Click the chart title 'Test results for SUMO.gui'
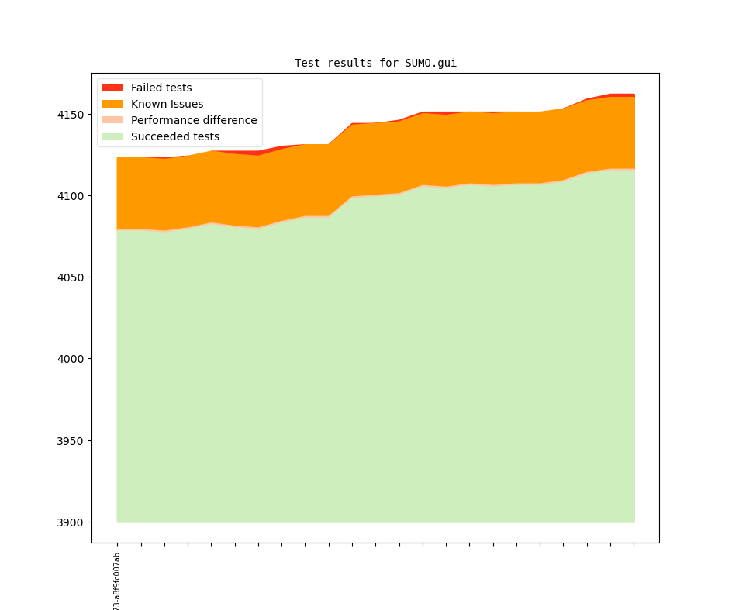[x=375, y=64]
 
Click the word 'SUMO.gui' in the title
[x=430, y=64]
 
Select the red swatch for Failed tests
[x=112, y=88]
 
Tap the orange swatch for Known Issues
[x=112, y=104]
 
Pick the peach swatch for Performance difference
[x=112, y=120]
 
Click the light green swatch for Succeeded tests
[x=112, y=136]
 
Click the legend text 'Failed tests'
[x=161, y=88]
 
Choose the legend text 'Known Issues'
[x=167, y=104]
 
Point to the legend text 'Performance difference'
[x=194, y=120]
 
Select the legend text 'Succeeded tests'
[x=175, y=136]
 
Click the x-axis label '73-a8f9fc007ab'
[x=117, y=581]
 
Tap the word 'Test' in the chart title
[x=307, y=64]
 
